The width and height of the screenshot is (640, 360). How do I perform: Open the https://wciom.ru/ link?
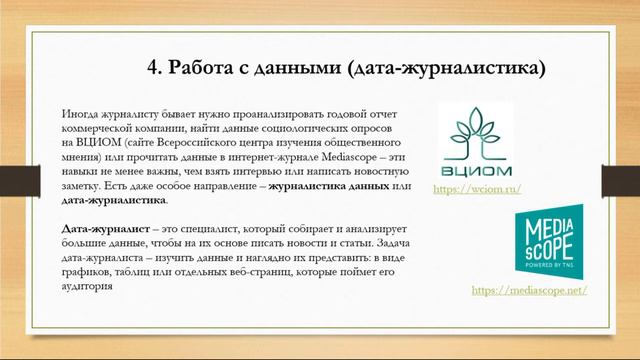[477, 188]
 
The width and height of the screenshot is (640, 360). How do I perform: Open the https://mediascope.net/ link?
[528, 290]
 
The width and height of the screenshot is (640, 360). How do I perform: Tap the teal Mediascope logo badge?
[543, 243]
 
